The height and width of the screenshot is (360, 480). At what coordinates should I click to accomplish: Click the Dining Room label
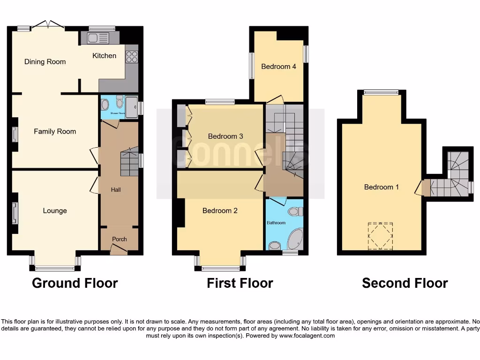click(x=45, y=62)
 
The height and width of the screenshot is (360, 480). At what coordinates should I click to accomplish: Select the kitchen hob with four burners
click(x=132, y=57)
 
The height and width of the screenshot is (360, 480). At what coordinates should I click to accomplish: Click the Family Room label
click(x=55, y=132)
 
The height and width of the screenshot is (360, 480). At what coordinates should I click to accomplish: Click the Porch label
click(x=119, y=239)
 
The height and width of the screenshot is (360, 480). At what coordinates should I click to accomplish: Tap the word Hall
click(x=116, y=190)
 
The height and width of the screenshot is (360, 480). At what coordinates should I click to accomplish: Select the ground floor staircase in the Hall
click(x=129, y=164)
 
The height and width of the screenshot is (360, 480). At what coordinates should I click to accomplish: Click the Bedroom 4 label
click(x=278, y=67)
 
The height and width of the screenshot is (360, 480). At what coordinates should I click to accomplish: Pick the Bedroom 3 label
click(x=225, y=136)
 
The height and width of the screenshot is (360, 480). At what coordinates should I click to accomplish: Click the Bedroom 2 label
click(x=220, y=211)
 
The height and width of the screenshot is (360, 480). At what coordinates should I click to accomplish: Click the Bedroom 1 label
click(x=382, y=187)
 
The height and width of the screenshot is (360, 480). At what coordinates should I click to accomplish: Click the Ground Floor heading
click(x=75, y=283)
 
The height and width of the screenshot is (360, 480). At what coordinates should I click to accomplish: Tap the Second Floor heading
click(x=405, y=283)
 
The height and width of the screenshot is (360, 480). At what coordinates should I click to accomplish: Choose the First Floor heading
click(x=240, y=283)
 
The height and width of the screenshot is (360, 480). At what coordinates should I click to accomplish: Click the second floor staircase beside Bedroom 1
click(x=452, y=178)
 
